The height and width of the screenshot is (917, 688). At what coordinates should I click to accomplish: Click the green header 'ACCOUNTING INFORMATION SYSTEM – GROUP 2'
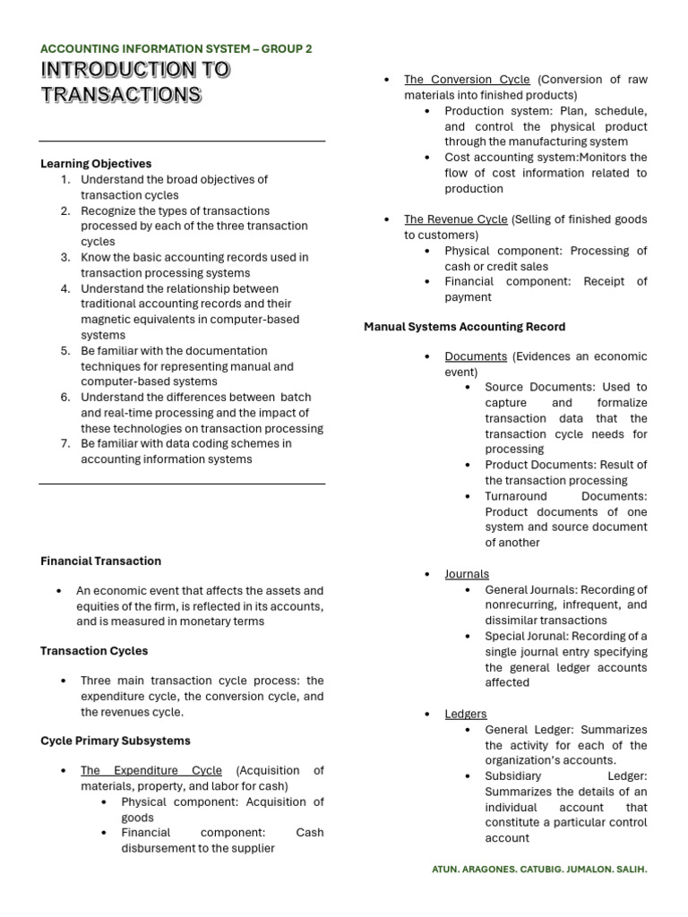click(x=176, y=48)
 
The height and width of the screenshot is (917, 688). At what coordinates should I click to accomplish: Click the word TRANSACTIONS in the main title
click(x=121, y=95)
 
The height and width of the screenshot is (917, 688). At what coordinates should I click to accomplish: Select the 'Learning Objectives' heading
click(x=96, y=163)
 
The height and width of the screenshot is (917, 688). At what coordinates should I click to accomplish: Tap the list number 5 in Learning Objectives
click(x=65, y=351)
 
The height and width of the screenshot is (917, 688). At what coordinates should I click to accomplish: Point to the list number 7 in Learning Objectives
click(x=65, y=443)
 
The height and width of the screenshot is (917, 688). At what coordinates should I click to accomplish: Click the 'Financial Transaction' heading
click(x=100, y=561)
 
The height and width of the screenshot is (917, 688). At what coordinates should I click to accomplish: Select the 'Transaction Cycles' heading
click(x=94, y=650)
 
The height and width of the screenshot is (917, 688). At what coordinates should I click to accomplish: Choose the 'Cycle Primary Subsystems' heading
click(x=115, y=741)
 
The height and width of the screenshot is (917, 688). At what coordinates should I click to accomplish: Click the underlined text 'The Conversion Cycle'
click(x=467, y=80)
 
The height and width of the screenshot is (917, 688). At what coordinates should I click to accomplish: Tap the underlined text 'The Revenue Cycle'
click(x=455, y=219)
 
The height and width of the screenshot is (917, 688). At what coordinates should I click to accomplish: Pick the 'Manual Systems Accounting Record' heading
click(x=464, y=327)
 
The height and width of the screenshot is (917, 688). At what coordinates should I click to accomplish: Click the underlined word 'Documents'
click(x=476, y=356)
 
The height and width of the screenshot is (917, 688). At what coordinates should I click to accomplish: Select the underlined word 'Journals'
click(x=467, y=574)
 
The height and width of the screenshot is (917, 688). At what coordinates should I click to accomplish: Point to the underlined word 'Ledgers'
click(x=466, y=714)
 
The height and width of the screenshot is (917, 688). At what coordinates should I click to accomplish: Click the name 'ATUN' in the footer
click(x=448, y=870)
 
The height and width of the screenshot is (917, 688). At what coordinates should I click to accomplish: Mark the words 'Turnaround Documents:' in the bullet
click(x=565, y=496)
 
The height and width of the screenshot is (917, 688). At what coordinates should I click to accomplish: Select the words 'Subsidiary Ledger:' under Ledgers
click(x=565, y=776)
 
